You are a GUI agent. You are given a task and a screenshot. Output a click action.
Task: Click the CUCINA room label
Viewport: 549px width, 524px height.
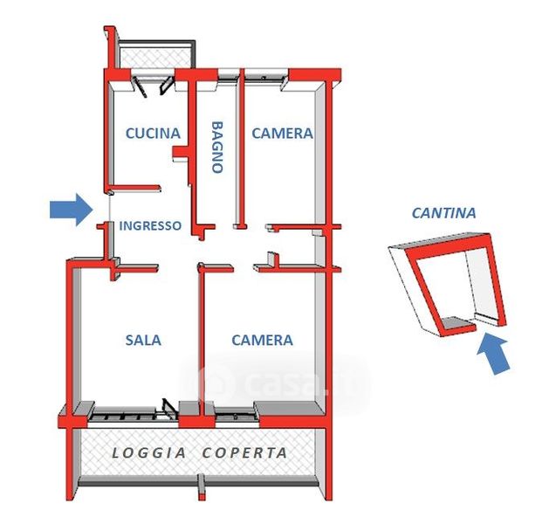coord(153,134)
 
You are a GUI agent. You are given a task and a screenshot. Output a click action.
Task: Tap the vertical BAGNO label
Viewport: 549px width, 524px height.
coord(216,147)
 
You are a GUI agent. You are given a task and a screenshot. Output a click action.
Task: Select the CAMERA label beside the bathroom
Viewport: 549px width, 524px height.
coord(282,134)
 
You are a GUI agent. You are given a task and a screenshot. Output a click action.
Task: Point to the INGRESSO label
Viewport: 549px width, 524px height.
coord(150,225)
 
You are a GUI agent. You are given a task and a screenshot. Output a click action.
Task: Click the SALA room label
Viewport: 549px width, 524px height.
coord(143,340)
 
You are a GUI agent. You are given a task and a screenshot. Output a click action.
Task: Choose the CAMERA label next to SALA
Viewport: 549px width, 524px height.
coord(262,340)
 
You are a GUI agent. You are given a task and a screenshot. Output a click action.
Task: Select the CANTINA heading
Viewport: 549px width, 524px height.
coord(443,212)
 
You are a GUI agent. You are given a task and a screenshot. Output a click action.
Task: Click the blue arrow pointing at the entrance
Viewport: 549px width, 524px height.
coord(71,210)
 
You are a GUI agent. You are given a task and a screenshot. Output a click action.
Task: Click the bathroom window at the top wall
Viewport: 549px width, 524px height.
coord(226,76)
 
